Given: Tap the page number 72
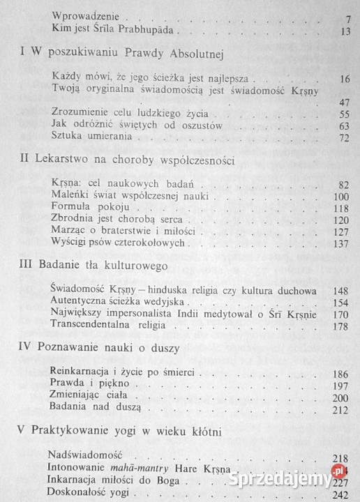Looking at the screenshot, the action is (343, 139).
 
